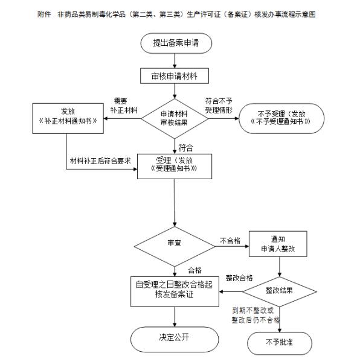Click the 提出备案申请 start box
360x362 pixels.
175,44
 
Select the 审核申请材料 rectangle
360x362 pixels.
175,77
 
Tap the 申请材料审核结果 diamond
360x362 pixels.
175,118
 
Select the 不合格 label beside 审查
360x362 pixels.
230,240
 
